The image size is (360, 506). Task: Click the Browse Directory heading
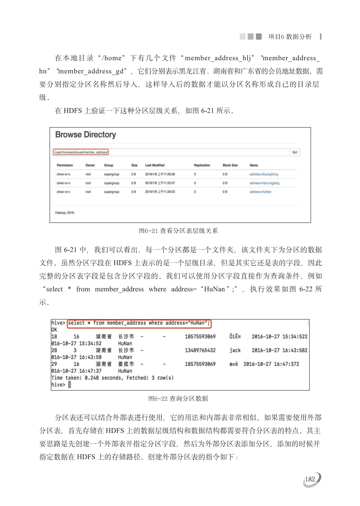[x=85, y=135]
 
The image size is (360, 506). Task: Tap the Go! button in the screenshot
[x=295, y=152]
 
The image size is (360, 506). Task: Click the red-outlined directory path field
[x=81, y=152]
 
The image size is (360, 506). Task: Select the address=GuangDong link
[x=264, y=174]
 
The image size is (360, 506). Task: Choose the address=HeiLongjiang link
[x=264, y=183]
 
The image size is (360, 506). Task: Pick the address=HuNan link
[x=260, y=192]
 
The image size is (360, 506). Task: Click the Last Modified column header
[x=155, y=165]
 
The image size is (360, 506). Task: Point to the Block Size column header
[x=230, y=165]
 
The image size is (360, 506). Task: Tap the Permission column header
[x=65, y=165]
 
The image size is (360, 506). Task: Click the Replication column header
[x=202, y=165]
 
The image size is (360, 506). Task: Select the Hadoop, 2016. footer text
[x=65, y=213]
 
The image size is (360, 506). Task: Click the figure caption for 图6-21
[x=178, y=231]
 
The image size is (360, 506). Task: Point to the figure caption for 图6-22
[x=178, y=399]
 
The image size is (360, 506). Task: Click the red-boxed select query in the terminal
[x=139, y=323]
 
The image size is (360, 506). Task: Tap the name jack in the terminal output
[x=235, y=351]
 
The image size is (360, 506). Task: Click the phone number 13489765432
[x=200, y=351]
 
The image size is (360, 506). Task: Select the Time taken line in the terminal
[x=112, y=378]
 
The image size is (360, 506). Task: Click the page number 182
[x=310, y=479]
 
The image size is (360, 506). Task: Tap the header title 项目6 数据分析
[x=290, y=37]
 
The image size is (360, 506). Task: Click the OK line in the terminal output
[x=54, y=330]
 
